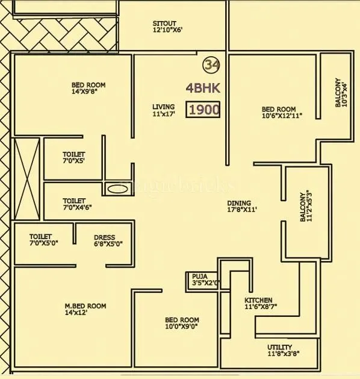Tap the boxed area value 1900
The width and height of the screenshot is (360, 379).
point(203,110)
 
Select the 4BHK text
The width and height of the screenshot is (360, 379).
point(203,88)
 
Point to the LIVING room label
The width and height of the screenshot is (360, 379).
point(163,107)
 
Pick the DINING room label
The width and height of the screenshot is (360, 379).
point(239,203)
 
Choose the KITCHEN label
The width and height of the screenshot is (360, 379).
point(258,300)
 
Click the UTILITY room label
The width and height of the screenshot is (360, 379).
point(280,347)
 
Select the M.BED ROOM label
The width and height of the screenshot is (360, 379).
point(85,306)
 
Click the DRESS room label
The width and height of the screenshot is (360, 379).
point(105,237)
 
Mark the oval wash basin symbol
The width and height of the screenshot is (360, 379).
point(118,189)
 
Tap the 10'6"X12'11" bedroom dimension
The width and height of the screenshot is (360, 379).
point(282,116)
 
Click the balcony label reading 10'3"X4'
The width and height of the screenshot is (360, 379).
point(341,93)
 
